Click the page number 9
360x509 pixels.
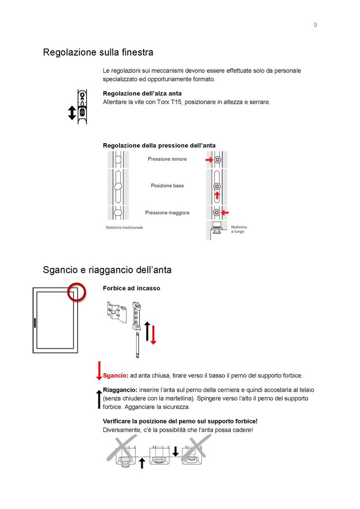click(x=315, y=25)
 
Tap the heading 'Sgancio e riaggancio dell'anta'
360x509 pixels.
click(x=107, y=270)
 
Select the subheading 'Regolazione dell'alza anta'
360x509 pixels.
click(x=142, y=93)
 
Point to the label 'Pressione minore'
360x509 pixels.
click(x=167, y=159)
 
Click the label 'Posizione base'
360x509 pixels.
click(x=167, y=185)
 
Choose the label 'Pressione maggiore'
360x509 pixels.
click(x=167, y=213)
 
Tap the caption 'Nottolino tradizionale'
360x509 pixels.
click(x=124, y=227)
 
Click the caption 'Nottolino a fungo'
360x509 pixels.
click(x=239, y=229)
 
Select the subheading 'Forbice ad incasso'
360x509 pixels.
click(x=131, y=288)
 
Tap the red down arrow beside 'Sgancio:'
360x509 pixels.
click(x=99, y=370)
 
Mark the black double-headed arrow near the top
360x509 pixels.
click(x=72, y=113)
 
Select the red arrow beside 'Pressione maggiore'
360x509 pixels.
click(x=225, y=213)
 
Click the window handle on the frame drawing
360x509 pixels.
click(x=35, y=324)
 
